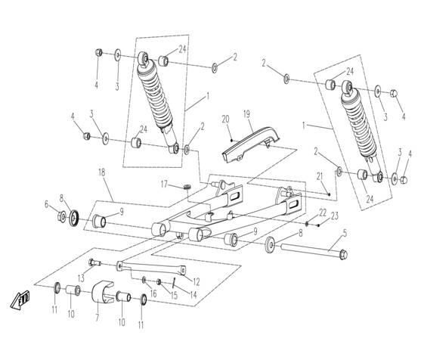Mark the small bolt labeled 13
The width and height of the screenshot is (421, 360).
click(94, 262)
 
